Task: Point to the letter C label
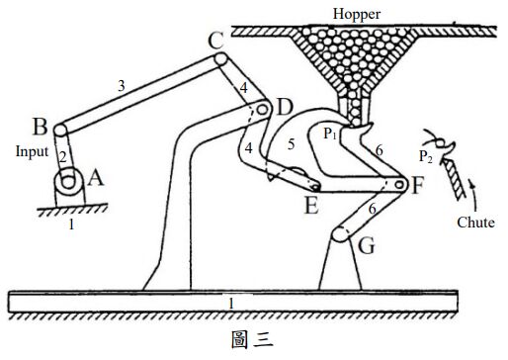point(216,41)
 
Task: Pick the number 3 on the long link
point(122,86)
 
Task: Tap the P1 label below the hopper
point(331,131)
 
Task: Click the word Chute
point(476,223)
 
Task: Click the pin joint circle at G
point(341,235)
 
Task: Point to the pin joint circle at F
point(399,184)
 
